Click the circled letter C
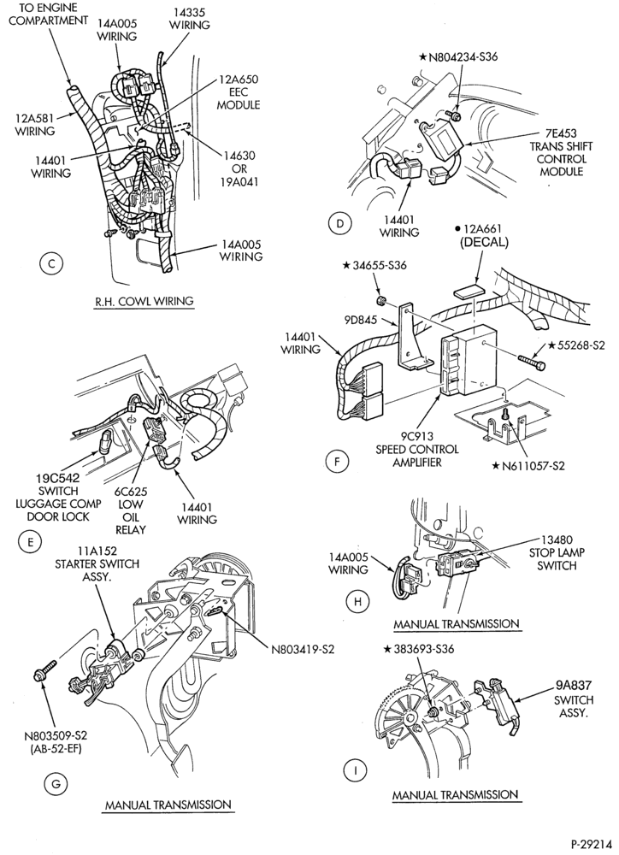(x=51, y=264)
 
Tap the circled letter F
(x=337, y=462)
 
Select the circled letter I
(x=356, y=770)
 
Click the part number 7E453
(x=561, y=133)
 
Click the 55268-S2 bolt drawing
(x=530, y=361)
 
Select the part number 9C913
(x=416, y=437)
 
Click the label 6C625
(x=131, y=492)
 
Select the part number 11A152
(x=97, y=551)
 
